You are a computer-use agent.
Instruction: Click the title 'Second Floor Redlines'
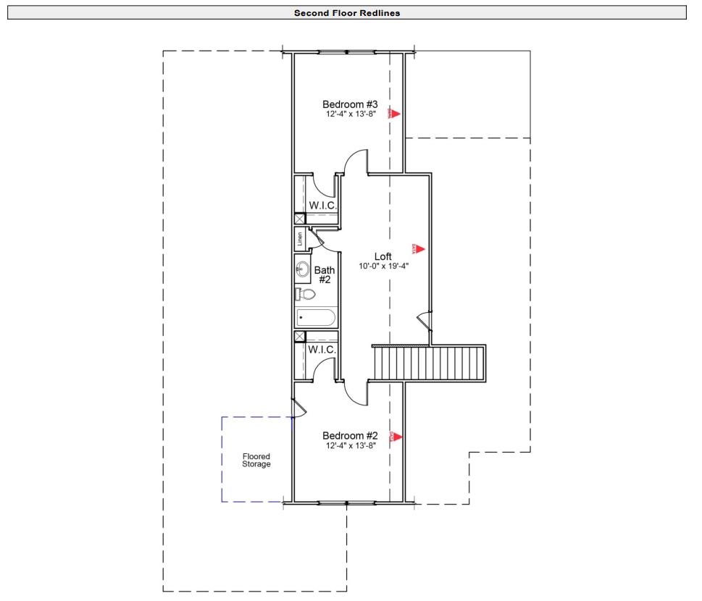click(347, 12)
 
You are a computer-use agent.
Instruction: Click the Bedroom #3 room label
click(350, 104)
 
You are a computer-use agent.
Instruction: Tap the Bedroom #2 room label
click(350, 435)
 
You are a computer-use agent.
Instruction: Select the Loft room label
click(383, 256)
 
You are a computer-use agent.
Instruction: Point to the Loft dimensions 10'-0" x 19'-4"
click(383, 266)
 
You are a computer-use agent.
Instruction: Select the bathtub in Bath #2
click(316, 318)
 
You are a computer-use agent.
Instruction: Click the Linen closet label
click(299, 238)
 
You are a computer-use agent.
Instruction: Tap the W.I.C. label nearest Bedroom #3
click(322, 206)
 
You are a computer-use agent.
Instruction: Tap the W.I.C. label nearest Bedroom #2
click(322, 350)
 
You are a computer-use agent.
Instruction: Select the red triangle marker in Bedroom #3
click(395, 113)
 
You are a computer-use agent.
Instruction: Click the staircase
click(428, 362)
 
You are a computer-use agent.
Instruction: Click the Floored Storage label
click(256, 460)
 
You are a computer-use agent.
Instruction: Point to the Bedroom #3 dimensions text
click(350, 114)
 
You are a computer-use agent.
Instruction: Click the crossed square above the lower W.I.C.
click(299, 336)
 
